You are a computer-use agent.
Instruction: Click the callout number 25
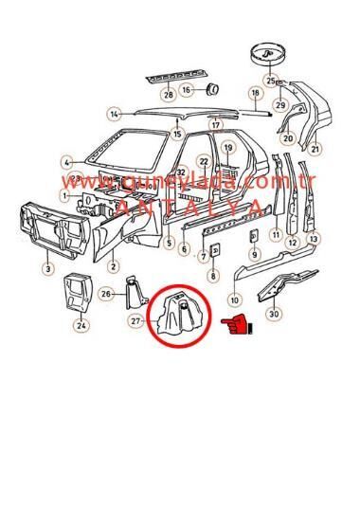pyautogui.click(x=272, y=81)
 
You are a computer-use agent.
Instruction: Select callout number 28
pyautogui.click(x=168, y=94)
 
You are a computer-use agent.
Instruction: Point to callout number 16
pyautogui.click(x=188, y=89)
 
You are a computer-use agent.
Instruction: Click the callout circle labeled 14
pyautogui.click(x=115, y=115)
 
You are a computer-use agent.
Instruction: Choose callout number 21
pyautogui.click(x=315, y=148)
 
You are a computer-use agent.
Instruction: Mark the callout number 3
pyautogui.click(x=47, y=270)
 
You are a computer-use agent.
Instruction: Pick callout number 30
pyautogui.click(x=273, y=313)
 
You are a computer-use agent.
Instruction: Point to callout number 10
pyautogui.click(x=234, y=300)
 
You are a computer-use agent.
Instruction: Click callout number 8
pyautogui.click(x=212, y=276)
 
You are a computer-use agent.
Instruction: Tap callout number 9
pyautogui.click(x=254, y=254)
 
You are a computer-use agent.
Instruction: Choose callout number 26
pyautogui.click(x=107, y=294)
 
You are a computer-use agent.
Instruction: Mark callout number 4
pyautogui.click(x=67, y=162)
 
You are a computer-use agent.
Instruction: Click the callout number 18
pyautogui.click(x=254, y=93)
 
